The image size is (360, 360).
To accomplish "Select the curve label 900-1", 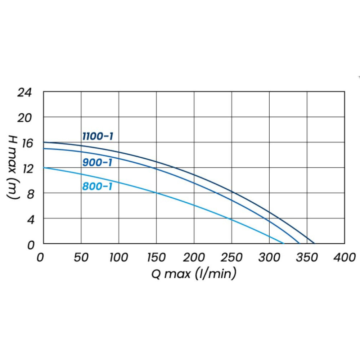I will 97,162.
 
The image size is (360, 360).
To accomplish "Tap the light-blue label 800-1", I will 97,186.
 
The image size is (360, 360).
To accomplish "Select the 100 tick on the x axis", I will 118,257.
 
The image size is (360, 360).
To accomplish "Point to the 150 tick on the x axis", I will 156,257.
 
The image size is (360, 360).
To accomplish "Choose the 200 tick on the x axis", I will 194,257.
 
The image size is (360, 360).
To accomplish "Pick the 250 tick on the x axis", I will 232,257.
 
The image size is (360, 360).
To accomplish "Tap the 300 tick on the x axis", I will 269,257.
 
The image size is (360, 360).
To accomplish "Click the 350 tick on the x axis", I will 307,257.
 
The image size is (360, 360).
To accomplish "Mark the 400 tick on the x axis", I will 345,257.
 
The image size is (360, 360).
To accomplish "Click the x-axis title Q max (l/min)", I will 194,274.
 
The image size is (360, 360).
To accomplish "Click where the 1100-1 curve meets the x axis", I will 314,244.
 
